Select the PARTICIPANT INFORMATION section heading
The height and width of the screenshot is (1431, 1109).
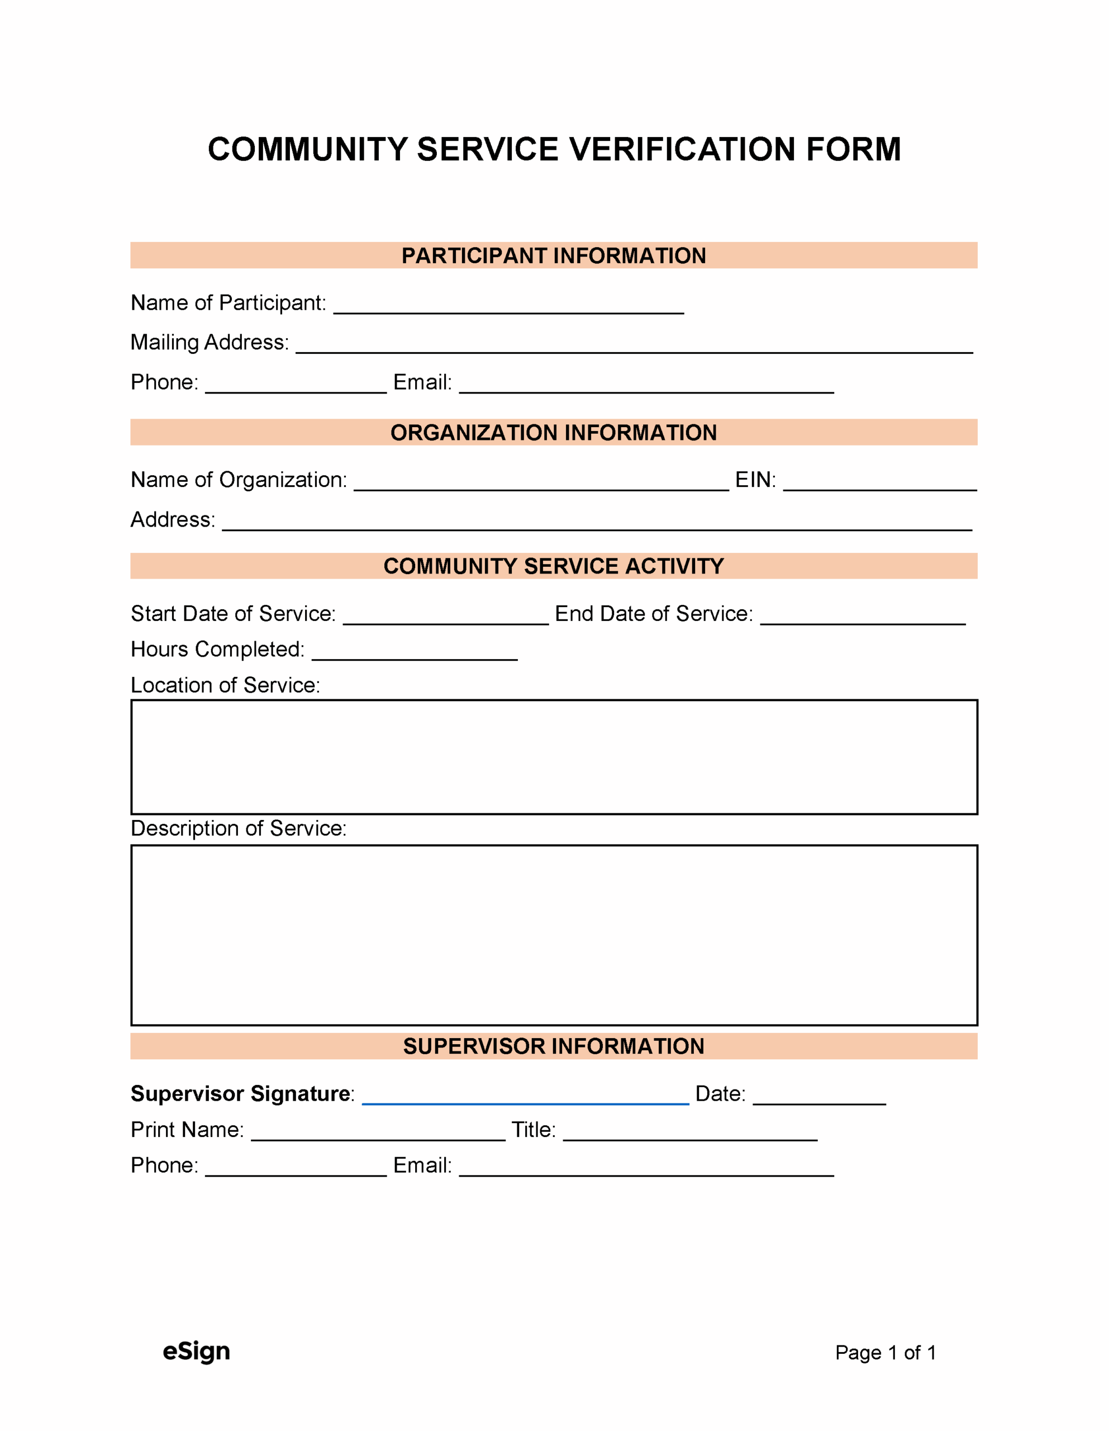tap(554, 255)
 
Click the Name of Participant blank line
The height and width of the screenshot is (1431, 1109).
tap(508, 308)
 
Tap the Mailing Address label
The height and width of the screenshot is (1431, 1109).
tap(210, 342)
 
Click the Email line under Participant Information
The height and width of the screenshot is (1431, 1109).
tap(646, 387)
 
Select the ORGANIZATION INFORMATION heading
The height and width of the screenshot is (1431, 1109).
tap(554, 433)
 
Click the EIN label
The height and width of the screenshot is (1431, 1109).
tap(755, 480)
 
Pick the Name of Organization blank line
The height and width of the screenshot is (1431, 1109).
tap(541, 485)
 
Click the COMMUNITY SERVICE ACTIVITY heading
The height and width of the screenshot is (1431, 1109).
tap(554, 566)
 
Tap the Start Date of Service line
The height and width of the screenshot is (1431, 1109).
tap(445, 619)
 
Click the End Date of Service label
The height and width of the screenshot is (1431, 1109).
tap(654, 614)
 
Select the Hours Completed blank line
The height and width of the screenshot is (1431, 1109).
tap(415, 655)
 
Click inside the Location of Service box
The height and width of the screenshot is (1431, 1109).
tap(554, 757)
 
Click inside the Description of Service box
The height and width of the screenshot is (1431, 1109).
tap(554, 935)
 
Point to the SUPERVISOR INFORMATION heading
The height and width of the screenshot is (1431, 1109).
tap(554, 1046)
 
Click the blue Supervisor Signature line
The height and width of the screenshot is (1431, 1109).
tap(525, 1100)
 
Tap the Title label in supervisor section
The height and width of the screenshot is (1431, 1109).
tap(533, 1130)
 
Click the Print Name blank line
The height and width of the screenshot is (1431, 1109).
tap(378, 1135)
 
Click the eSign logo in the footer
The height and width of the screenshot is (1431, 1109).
tap(196, 1352)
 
